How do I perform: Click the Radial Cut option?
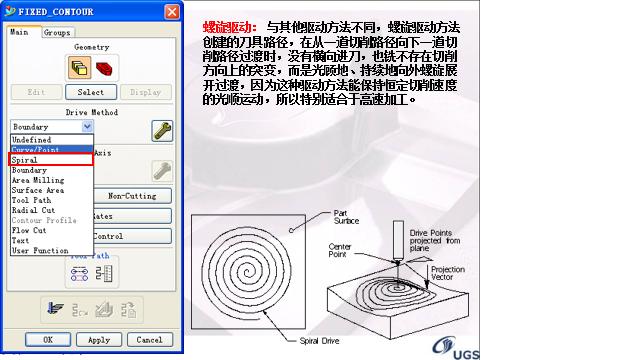33,210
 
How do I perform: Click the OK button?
47,340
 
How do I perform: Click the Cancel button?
148,340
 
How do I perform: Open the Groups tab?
56,32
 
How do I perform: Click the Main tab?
19,32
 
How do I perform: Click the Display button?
146,92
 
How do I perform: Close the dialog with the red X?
173,11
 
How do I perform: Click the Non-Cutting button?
132,196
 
